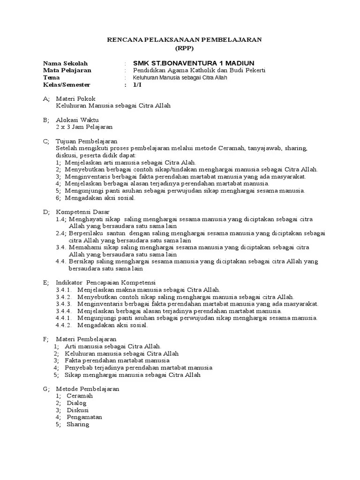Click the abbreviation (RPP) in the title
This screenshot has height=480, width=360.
click(184, 48)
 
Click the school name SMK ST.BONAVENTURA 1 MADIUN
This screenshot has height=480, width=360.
click(194, 63)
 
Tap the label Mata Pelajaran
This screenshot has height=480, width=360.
click(67, 70)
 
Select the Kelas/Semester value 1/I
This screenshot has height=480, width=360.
click(137, 84)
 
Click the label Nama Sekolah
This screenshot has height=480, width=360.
click(65, 63)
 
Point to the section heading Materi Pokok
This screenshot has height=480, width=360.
click(75, 98)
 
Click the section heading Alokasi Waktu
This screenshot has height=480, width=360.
click(77, 120)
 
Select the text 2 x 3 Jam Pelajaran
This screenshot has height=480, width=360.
click(84, 127)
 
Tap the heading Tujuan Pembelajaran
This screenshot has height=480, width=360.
click(87, 141)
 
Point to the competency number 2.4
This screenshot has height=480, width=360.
click(60, 233)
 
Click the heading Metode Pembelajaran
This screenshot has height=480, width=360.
click(88, 389)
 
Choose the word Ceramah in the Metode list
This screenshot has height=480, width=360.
click(80, 396)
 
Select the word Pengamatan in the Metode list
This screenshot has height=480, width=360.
click(84, 417)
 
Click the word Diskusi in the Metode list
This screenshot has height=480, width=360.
click(78, 410)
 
